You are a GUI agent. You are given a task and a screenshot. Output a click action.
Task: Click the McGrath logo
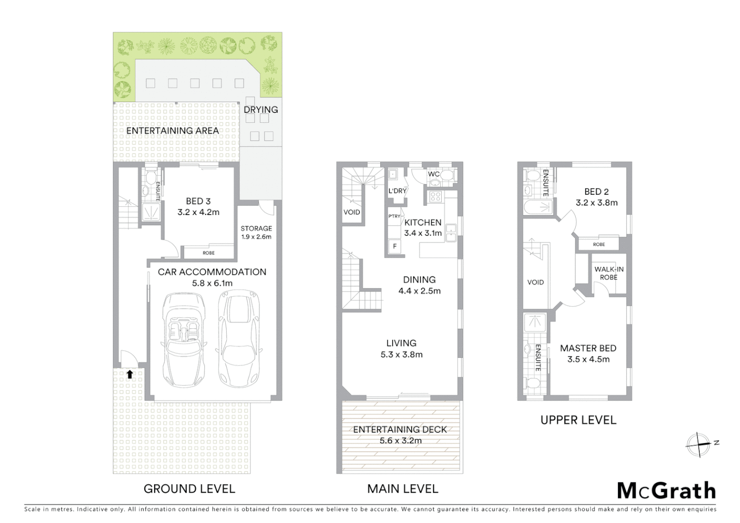pyautogui.click(x=666, y=491)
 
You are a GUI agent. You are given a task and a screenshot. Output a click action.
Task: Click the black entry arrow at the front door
pyautogui.click(x=129, y=374)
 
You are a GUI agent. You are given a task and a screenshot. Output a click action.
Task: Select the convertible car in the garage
pyautogui.click(x=183, y=339)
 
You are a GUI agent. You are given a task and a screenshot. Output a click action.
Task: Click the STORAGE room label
pyautogui.click(x=256, y=229)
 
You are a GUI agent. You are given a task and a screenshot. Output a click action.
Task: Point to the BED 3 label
pyautogui.click(x=198, y=201)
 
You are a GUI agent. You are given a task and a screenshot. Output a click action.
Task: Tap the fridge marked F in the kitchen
pyautogui.click(x=395, y=246)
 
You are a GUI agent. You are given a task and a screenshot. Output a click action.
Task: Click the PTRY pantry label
pyautogui.click(x=394, y=216)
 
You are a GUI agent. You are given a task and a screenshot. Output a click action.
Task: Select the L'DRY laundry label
pyautogui.click(x=397, y=191)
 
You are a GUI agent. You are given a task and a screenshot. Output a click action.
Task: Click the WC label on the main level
pyautogui.click(x=433, y=174)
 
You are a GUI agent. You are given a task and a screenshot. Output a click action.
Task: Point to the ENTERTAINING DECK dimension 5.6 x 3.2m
pyautogui.click(x=400, y=441)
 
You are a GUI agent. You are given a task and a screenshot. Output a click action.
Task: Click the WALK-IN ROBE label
pyautogui.click(x=609, y=273)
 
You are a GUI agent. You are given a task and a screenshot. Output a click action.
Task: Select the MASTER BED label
pyautogui.click(x=588, y=348)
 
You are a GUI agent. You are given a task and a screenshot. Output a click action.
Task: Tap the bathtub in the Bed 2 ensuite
pyautogui.click(x=538, y=208)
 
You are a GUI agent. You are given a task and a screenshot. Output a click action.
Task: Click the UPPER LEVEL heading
pyautogui.click(x=578, y=420)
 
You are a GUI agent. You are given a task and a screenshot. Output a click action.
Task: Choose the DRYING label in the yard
pyautogui.click(x=261, y=109)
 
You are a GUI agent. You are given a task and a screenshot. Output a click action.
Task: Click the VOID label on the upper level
pyautogui.click(x=535, y=282)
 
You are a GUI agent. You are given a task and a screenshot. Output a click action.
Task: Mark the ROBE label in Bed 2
pyautogui.click(x=599, y=245)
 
